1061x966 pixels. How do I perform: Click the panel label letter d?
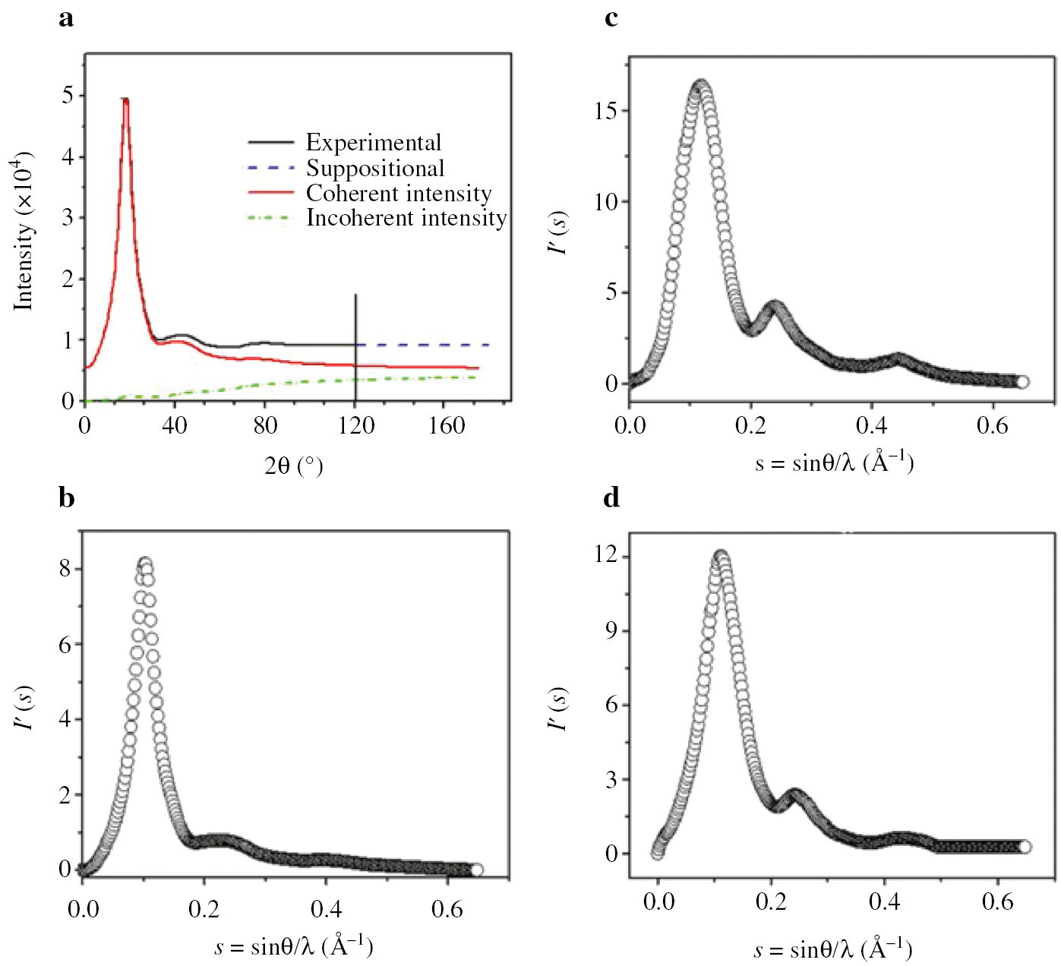(x=611, y=498)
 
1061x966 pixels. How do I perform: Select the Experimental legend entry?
(x=373, y=143)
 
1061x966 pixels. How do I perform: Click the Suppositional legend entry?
(x=374, y=168)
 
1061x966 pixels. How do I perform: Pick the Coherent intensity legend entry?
(x=398, y=193)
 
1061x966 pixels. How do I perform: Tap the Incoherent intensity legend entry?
(x=406, y=218)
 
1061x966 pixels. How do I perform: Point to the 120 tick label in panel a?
(x=355, y=425)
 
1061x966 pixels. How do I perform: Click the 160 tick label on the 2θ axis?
(x=446, y=425)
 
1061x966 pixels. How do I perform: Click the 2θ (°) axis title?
(x=294, y=466)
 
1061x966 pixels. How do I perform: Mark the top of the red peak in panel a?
(x=126, y=99)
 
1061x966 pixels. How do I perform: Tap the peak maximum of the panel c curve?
(x=701, y=84)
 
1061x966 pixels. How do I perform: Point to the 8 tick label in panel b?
(x=66, y=569)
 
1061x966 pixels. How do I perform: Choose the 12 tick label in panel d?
(x=607, y=555)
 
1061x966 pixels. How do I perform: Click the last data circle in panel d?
(x=1024, y=847)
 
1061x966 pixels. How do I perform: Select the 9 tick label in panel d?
(x=611, y=630)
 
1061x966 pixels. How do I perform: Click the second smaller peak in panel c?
(x=775, y=307)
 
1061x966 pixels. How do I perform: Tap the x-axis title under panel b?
(x=294, y=946)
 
